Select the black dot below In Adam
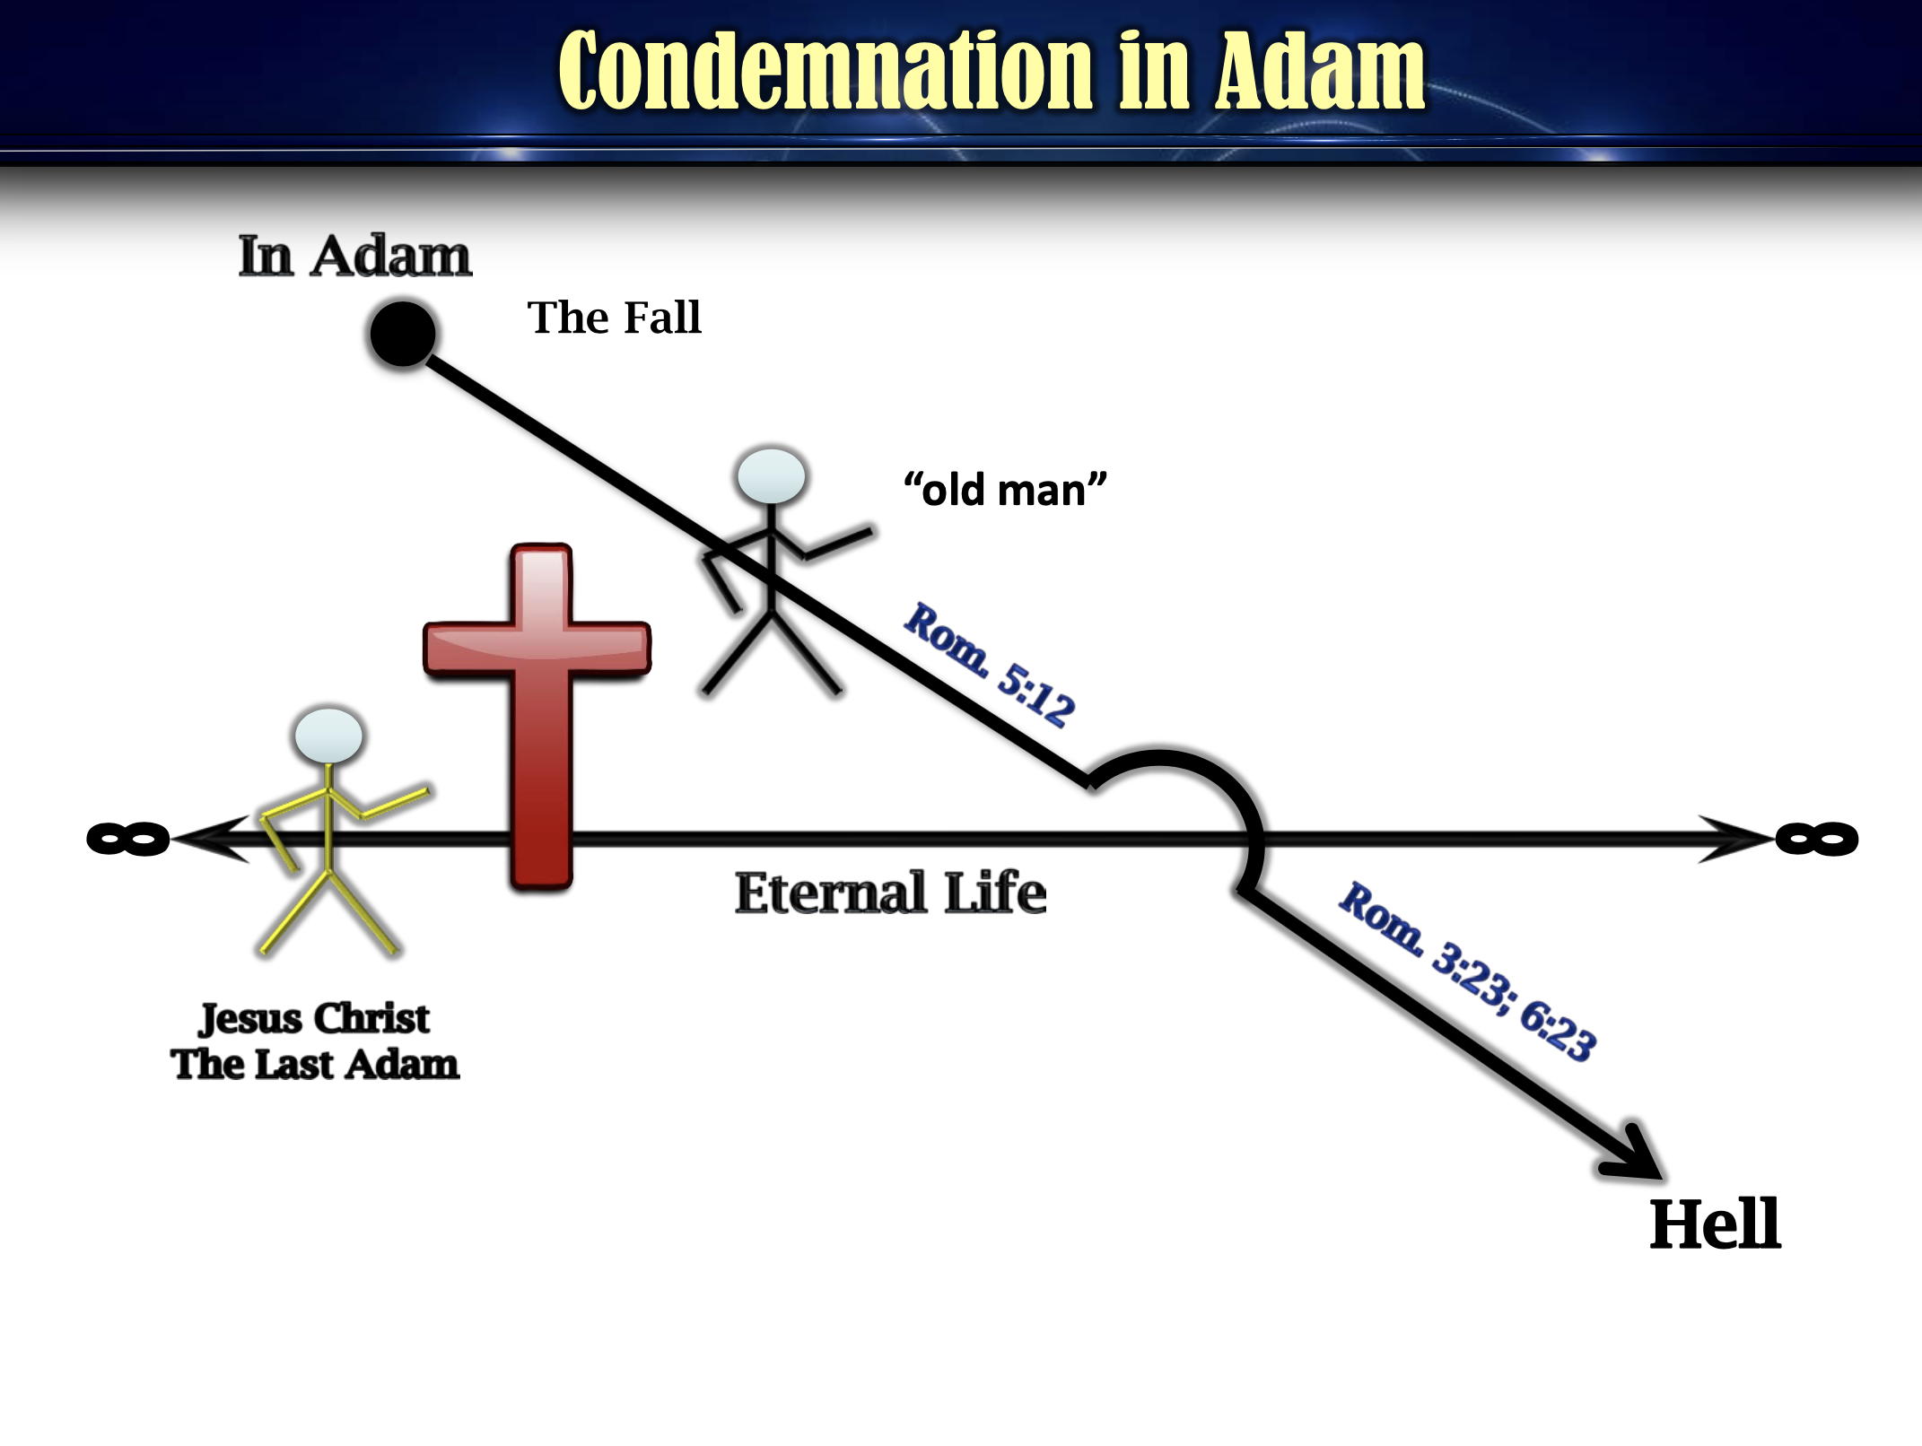coord(403,334)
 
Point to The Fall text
coord(614,318)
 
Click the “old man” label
coord(1005,490)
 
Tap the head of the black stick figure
coord(771,476)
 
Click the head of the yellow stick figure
coord(328,736)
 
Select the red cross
coord(538,716)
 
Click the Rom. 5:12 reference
coord(989,665)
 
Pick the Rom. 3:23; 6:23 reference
coord(1468,971)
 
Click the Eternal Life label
coord(890,893)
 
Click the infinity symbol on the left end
coord(128,839)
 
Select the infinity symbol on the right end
coord(1817,839)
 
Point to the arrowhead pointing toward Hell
coord(1635,1154)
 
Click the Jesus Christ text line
coord(314,1019)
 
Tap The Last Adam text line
coord(315,1065)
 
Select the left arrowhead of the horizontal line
coord(212,839)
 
